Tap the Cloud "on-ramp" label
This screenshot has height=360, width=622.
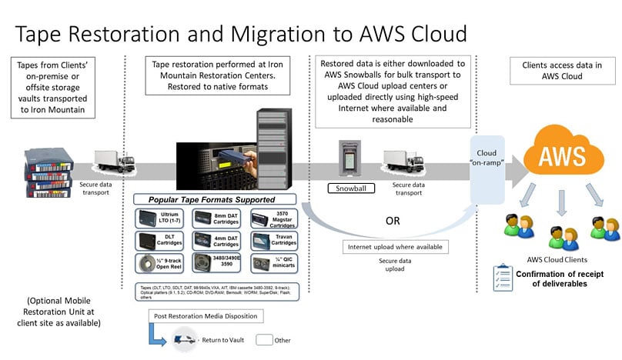pos(486,147)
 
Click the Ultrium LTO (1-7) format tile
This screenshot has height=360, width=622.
pos(160,218)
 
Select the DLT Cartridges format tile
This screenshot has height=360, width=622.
pos(160,239)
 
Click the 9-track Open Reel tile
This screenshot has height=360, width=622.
pos(160,261)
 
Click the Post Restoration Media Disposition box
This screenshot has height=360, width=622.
pos(207,316)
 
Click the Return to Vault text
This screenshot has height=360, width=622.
pos(223,339)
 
